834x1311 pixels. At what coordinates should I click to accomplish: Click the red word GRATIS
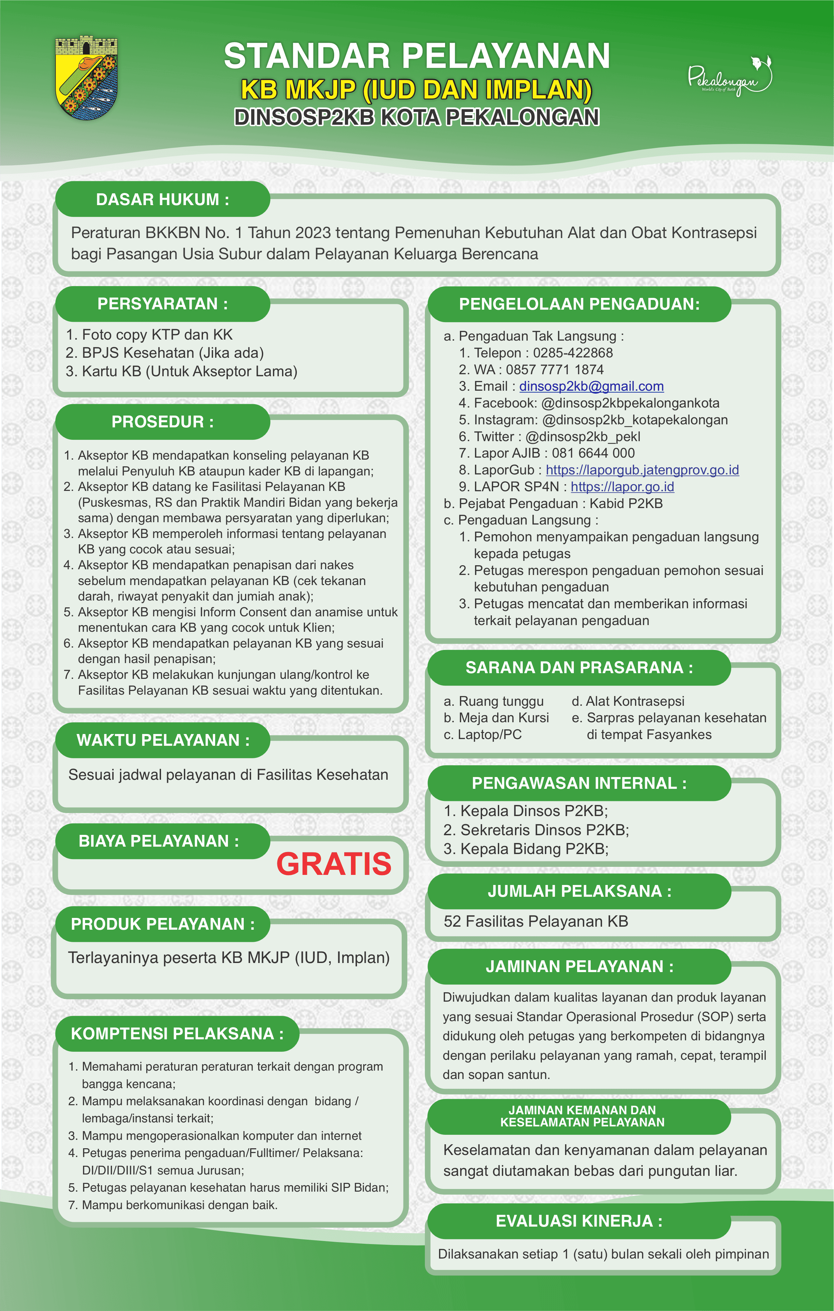[x=334, y=864]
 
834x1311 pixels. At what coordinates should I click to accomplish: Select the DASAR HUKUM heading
[x=162, y=199]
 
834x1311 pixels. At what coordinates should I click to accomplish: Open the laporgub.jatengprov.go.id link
[x=642, y=470]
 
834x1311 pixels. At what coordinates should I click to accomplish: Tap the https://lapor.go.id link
[x=622, y=487]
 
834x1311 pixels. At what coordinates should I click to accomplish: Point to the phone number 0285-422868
[x=573, y=353]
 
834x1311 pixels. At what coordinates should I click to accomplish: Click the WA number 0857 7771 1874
[x=555, y=370]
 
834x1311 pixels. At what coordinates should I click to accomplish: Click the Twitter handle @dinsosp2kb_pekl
[x=583, y=437]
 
